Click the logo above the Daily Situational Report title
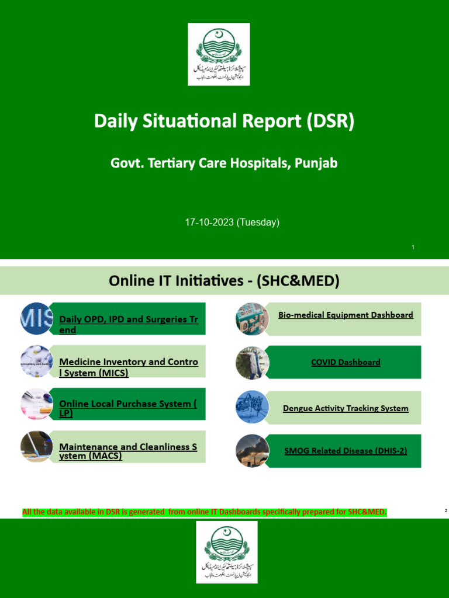219,54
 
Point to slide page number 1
413,248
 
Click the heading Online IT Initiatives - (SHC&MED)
224,281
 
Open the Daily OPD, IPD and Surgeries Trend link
129,325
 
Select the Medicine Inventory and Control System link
129,367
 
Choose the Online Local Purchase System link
129,408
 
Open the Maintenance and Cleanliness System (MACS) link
129,451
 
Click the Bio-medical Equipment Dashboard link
346,315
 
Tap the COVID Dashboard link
346,362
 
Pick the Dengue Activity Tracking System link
346,408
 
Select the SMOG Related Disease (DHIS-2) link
346,451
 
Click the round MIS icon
37,319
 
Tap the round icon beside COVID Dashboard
253,363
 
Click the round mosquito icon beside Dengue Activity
253,407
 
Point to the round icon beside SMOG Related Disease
253,451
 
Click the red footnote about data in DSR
205,512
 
